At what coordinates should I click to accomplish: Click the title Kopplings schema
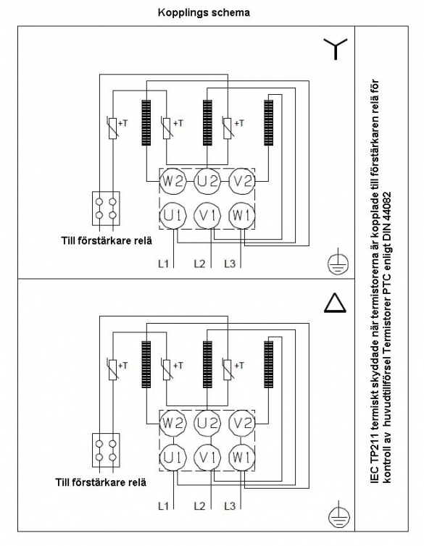(204, 13)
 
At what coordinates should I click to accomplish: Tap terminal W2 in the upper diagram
(172, 182)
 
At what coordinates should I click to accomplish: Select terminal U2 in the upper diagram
(207, 182)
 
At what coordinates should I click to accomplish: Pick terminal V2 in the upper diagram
(242, 182)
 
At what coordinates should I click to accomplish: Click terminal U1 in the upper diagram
(172, 216)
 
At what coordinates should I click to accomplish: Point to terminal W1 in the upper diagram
(242, 216)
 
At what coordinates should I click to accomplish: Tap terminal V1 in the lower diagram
(207, 458)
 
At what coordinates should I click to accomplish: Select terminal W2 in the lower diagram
(172, 423)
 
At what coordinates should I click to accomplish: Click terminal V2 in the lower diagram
(242, 423)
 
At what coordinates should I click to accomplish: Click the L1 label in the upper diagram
(163, 264)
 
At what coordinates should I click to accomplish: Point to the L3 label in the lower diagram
(230, 505)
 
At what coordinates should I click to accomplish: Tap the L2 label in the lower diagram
(199, 505)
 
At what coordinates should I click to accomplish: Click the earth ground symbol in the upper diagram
(338, 264)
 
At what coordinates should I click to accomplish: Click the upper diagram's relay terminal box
(106, 209)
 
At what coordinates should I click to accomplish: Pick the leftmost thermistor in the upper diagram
(112, 127)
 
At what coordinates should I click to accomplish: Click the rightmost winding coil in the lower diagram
(269, 364)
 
